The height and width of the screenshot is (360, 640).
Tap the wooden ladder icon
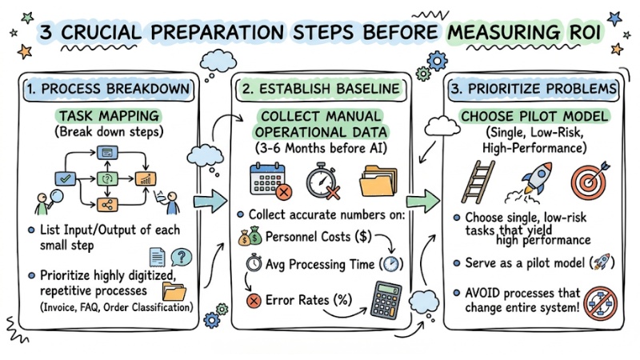(x=478, y=182)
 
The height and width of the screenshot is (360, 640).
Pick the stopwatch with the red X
(x=323, y=182)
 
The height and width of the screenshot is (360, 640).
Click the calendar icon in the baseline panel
(x=270, y=181)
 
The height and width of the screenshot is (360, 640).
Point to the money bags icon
(x=250, y=236)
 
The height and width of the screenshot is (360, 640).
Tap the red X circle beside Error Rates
(x=254, y=302)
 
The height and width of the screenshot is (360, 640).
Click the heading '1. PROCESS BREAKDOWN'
(x=109, y=89)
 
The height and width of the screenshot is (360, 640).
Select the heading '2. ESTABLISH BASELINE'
(x=321, y=89)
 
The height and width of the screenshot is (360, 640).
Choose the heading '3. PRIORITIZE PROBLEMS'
(x=534, y=89)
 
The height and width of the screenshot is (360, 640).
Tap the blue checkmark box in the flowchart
(x=66, y=178)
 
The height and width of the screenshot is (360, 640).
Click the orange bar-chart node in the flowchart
(x=146, y=178)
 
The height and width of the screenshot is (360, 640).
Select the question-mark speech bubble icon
(x=182, y=257)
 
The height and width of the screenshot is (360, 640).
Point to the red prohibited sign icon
(x=600, y=304)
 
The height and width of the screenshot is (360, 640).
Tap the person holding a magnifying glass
(x=48, y=202)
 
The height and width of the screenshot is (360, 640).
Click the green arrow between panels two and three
(x=423, y=201)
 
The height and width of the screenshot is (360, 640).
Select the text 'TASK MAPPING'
(x=109, y=116)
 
